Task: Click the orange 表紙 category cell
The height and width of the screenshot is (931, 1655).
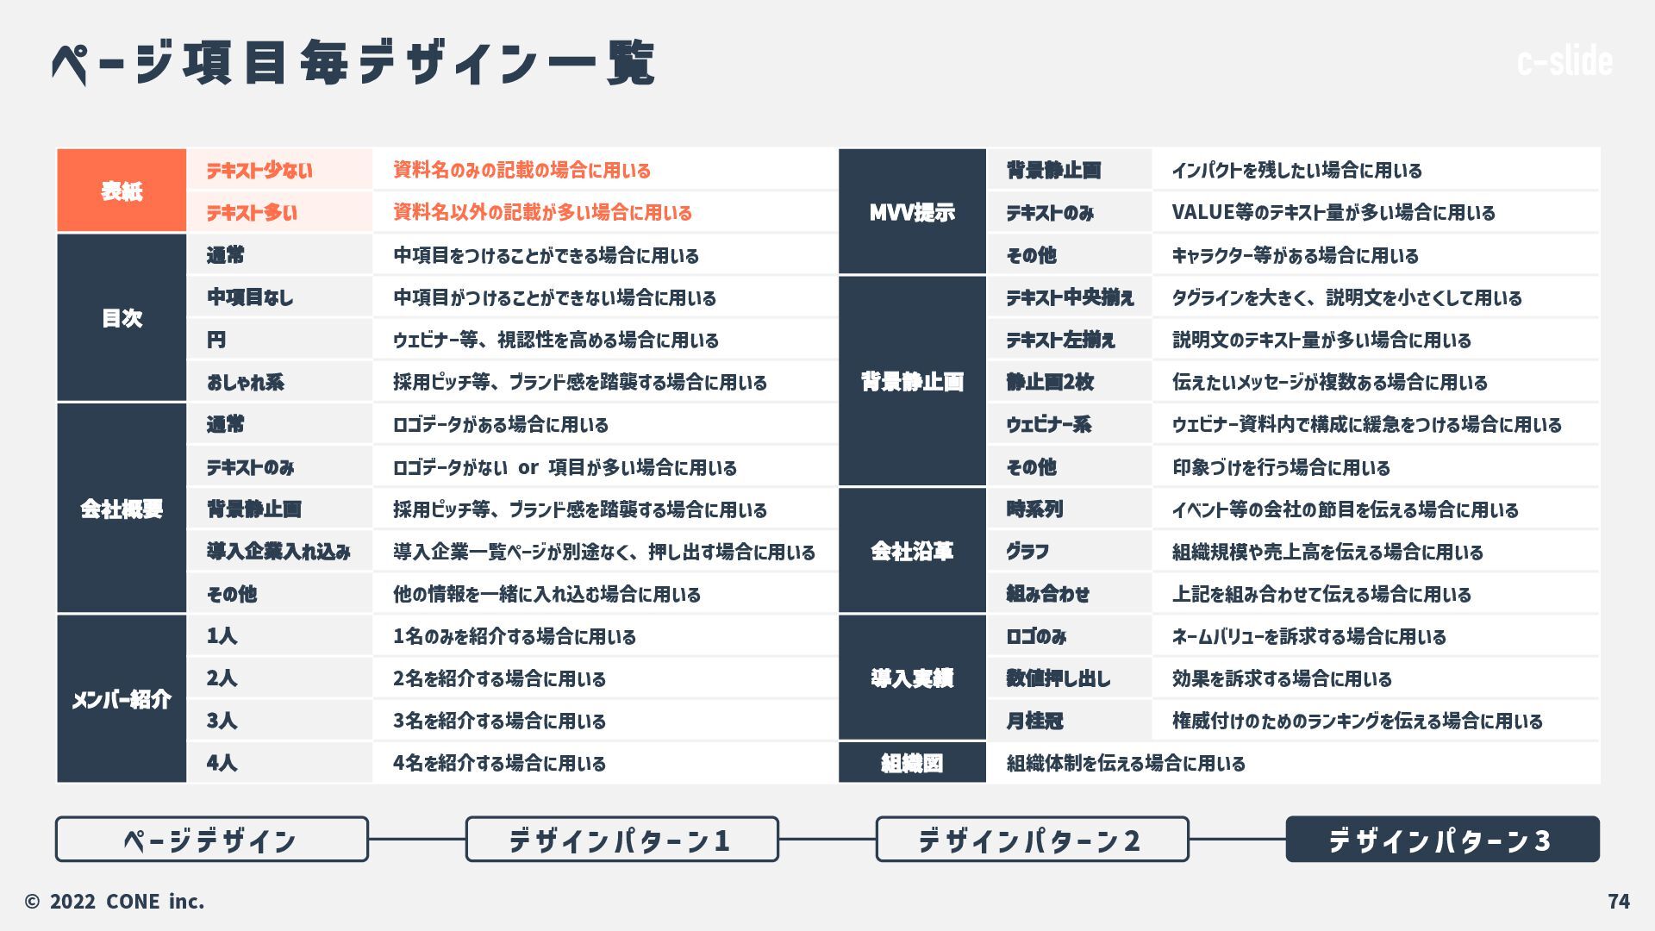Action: (122, 191)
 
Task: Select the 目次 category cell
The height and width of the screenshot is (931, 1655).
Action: (122, 318)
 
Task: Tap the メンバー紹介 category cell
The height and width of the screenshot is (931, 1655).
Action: (122, 699)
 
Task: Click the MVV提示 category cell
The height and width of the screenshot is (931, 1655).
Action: (912, 212)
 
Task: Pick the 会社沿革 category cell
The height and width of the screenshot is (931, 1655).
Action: (912, 551)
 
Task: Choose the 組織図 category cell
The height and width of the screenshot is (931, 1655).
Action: (912, 763)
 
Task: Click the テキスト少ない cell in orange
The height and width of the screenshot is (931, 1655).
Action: (279, 170)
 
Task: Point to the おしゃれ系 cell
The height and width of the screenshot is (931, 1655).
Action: (279, 382)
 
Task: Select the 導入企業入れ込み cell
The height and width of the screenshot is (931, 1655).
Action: (279, 552)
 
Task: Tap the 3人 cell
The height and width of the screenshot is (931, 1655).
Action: (279, 721)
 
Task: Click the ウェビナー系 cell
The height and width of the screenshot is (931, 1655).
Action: (1069, 424)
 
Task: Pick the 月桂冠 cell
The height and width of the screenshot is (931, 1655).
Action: (1069, 721)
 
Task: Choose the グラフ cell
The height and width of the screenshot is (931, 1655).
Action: (1069, 552)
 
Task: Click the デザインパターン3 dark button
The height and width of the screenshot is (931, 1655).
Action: (1442, 839)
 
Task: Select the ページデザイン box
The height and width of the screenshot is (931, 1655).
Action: (211, 839)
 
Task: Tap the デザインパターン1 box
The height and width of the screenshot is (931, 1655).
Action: (621, 839)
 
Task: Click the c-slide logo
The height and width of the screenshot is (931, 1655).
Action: (1564, 61)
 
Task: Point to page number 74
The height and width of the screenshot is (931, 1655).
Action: (1619, 901)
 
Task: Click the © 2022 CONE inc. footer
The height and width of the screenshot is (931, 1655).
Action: (115, 901)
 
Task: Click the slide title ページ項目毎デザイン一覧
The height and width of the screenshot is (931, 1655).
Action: (353, 62)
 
